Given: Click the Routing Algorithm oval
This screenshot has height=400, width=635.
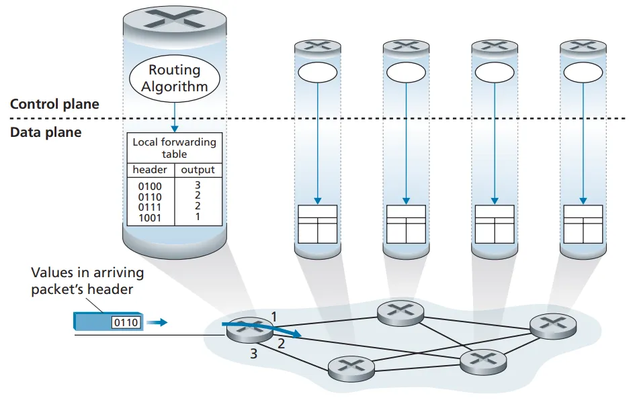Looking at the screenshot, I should [174, 78].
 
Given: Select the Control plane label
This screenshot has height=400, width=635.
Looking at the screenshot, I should [54, 104].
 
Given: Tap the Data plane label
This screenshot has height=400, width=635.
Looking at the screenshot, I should [46, 132].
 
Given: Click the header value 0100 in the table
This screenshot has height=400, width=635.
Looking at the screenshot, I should [150, 186].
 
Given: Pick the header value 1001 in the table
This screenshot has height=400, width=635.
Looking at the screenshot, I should [150, 217].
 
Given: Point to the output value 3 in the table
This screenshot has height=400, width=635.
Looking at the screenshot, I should [198, 185].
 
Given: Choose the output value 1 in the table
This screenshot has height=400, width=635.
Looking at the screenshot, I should [198, 217].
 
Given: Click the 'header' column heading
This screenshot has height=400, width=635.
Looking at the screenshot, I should [150, 170].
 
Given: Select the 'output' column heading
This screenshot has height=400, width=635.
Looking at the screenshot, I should [198, 170].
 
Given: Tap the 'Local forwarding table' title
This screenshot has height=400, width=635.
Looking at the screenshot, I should [174, 148].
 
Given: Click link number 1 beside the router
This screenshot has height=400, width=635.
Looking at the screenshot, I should [273, 315].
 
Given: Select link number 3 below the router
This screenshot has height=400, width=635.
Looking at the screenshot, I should [253, 354].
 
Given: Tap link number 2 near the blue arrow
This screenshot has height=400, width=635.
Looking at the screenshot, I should [282, 344].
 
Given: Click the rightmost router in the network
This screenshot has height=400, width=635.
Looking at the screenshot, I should [554, 326].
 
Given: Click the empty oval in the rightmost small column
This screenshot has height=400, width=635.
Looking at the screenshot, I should [582, 72].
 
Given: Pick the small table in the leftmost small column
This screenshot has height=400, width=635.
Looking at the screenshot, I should [316, 224].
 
